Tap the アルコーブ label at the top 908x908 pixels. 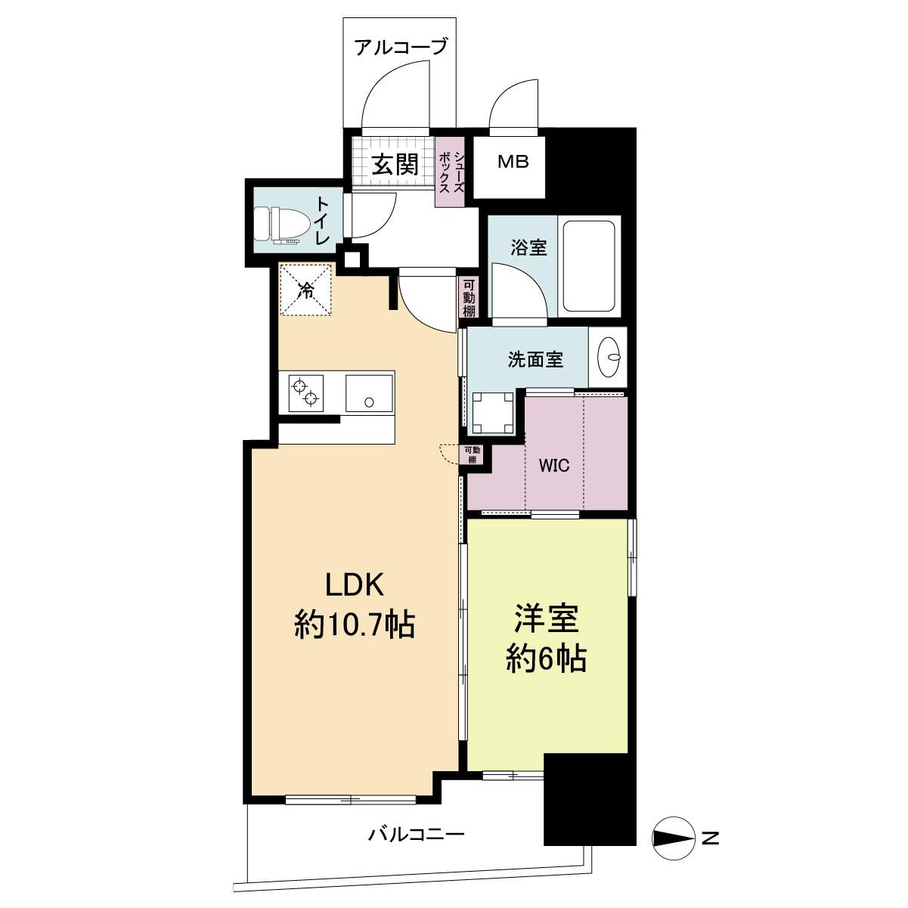pyautogui.click(x=400, y=47)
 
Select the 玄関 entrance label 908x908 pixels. pyautogui.click(x=395, y=165)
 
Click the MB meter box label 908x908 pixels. pyautogui.click(x=513, y=163)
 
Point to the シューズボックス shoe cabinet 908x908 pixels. pyautogui.click(x=451, y=172)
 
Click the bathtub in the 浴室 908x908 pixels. pyautogui.click(x=590, y=267)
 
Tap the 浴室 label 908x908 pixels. pyautogui.click(x=528, y=248)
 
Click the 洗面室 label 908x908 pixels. pyautogui.click(x=536, y=361)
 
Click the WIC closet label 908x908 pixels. pyautogui.click(x=554, y=466)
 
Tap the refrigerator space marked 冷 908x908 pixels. pyautogui.click(x=306, y=290)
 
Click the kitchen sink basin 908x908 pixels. pyautogui.click(x=370, y=393)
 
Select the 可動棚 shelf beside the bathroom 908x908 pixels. pyautogui.click(x=469, y=298)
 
